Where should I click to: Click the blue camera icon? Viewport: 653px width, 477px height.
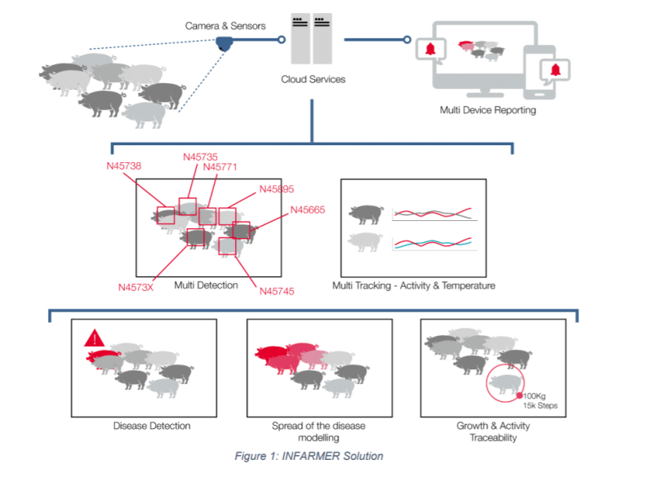224,43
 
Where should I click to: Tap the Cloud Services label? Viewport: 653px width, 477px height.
313,79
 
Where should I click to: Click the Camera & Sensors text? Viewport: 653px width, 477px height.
225,26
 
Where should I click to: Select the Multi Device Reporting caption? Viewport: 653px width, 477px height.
487,110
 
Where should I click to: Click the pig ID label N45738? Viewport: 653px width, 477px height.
124,166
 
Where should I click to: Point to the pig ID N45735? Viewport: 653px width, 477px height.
200,157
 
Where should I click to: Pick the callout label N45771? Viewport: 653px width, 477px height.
220,167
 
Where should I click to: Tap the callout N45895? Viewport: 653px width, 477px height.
277,189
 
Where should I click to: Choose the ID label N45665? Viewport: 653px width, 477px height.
308,210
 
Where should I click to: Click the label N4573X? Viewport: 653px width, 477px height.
135,287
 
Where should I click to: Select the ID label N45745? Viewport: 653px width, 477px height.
277,291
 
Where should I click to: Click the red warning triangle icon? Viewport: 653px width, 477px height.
95,338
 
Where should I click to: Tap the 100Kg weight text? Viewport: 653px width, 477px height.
535,396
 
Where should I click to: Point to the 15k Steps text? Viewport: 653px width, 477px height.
540,405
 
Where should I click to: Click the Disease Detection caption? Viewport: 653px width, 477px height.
152,426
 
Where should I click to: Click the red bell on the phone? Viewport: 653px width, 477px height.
555,69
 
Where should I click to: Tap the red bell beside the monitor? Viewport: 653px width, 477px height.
430,49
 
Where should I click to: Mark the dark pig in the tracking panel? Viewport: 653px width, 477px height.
366,214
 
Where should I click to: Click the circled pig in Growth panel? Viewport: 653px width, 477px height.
505,383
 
